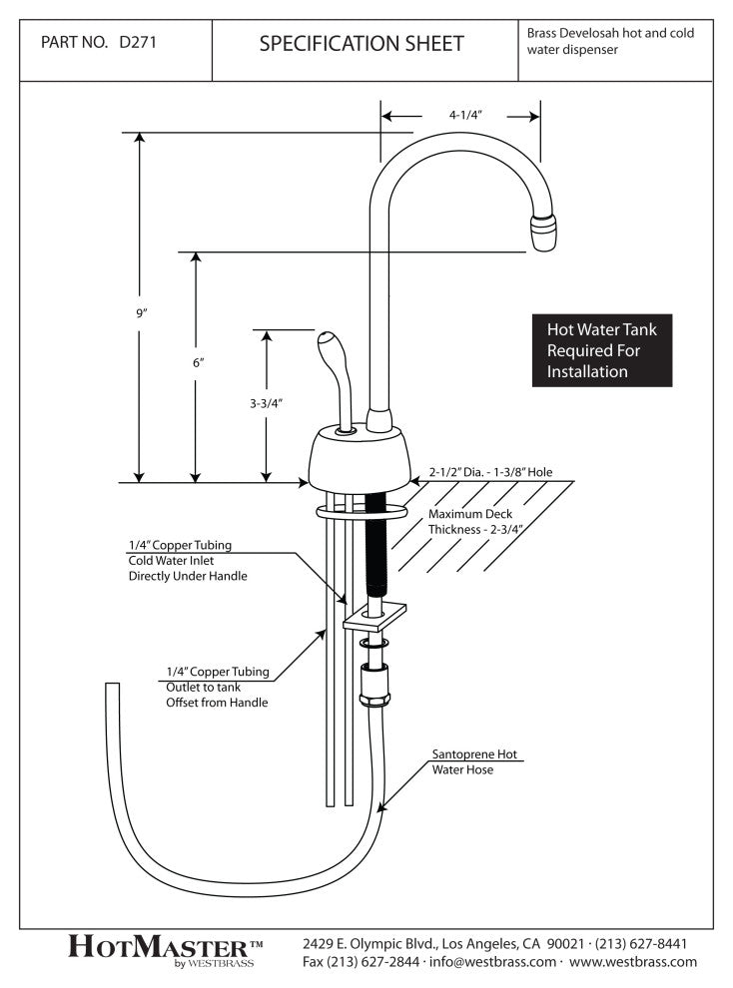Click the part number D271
pyautogui.click(x=137, y=44)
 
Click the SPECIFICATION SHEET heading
pyautogui.click(x=362, y=44)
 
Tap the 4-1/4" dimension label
pyautogui.click(x=465, y=115)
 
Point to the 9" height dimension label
pyautogui.click(x=143, y=313)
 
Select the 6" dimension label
pyautogui.click(x=198, y=364)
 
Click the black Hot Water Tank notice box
pyautogui.click(x=601, y=350)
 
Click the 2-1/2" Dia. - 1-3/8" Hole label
pyautogui.click(x=491, y=471)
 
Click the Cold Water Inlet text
pyautogui.click(x=178, y=561)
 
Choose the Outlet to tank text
pyautogui.click(x=203, y=688)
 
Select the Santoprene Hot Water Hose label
pyautogui.click(x=477, y=761)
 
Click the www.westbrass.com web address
pyautogui.click(x=633, y=962)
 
